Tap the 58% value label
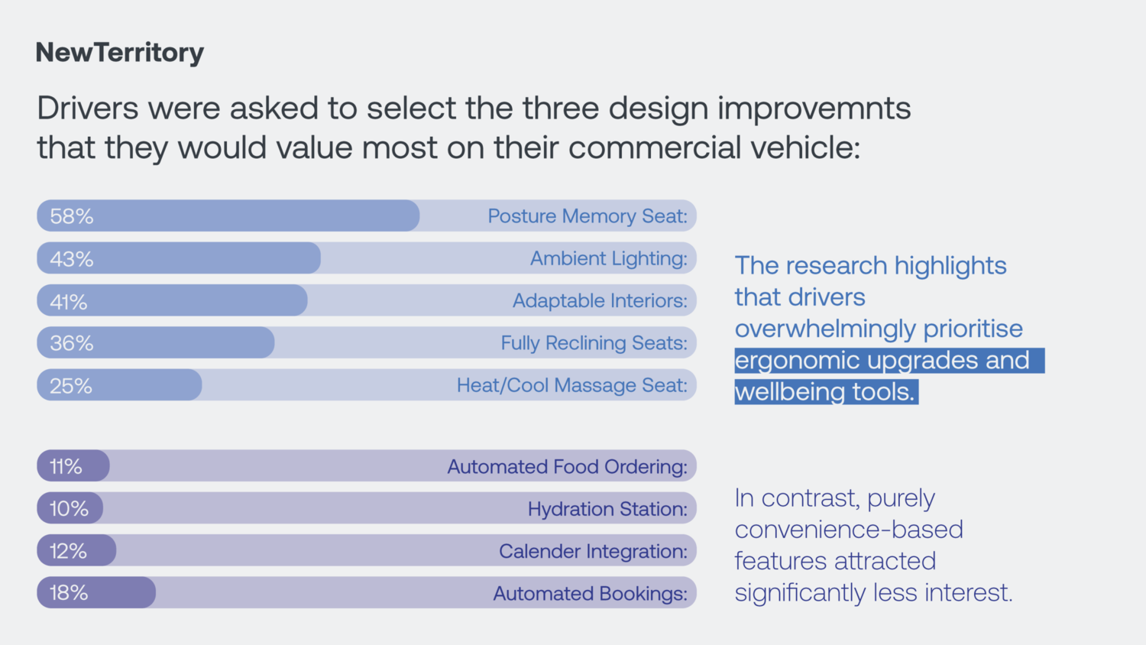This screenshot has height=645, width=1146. click(x=72, y=216)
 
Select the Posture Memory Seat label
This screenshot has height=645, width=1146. click(x=588, y=216)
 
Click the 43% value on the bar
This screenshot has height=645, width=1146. click(x=72, y=258)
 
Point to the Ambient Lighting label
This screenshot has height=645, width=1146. click(x=609, y=258)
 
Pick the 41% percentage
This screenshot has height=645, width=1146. click(x=69, y=301)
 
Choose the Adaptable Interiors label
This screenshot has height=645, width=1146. click(x=600, y=300)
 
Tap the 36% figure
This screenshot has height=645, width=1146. click(x=72, y=343)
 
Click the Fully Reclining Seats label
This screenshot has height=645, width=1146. click(x=594, y=343)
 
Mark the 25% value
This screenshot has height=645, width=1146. click(x=71, y=385)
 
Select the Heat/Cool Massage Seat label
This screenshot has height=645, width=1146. click(x=572, y=385)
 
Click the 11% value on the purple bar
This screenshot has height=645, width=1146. click(x=66, y=466)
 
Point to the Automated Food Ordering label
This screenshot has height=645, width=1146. click(x=568, y=466)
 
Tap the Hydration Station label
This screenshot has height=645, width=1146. click(x=608, y=509)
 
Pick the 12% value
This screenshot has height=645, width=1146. click(x=68, y=551)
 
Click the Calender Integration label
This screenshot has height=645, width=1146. click(x=594, y=551)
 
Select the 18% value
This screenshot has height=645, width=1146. click(x=69, y=593)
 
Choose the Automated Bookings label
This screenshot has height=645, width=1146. click(x=591, y=593)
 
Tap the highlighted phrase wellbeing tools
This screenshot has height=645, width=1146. click(x=824, y=391)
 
